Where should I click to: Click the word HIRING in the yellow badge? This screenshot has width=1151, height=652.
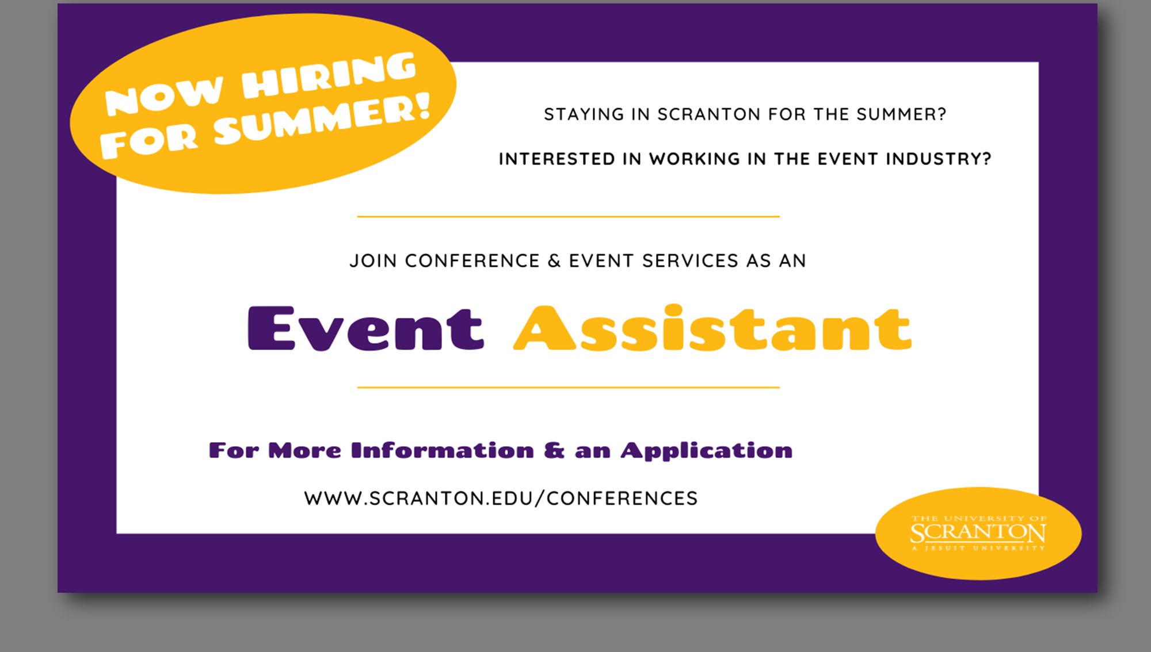(x=329, y=75)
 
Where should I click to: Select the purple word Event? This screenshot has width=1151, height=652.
(x=365, y=328)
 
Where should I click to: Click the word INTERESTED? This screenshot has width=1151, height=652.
(x=557, y=159)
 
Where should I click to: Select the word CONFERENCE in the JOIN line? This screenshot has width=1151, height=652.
(x=472, y=261)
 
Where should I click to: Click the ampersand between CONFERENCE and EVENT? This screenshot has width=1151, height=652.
(x=554, y=261)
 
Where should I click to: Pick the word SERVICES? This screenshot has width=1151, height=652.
(x=690, y=261)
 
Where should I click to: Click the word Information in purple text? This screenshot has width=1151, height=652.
(x=443, y=450)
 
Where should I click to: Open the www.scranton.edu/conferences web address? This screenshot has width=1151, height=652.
(x=501, y=498)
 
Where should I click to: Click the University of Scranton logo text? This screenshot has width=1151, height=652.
(x=978, y=533)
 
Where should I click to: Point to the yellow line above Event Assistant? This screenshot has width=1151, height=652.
(x=569, y=217)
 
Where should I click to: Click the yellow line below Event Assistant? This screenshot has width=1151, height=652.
(x=569, y=388)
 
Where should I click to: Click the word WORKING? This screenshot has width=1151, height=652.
(x=695, y=159)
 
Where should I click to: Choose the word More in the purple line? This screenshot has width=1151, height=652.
(x=304, y=450)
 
